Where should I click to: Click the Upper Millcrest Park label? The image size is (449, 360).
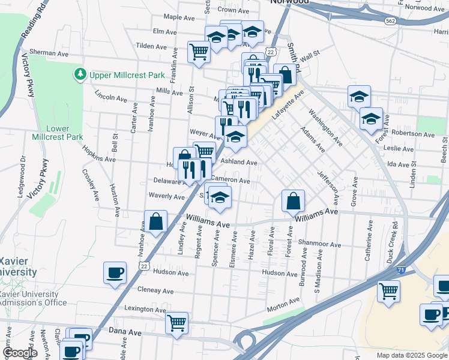pyautogui.click(x=127, y=76)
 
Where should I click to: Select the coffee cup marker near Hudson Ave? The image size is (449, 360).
pyautogui.click(x=115, y=274)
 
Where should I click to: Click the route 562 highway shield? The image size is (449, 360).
pyautogui.click(x=391, y=21)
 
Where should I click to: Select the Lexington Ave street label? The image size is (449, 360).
pyautogui.click(x=145, y=309)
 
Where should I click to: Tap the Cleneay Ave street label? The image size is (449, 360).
pyautogui.click(x=155, y=290)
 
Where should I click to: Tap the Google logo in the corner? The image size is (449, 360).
pyautogui.click(x=20, y=353)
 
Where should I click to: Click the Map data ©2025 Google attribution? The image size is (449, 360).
pyautogui.click(x=411, y=355)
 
